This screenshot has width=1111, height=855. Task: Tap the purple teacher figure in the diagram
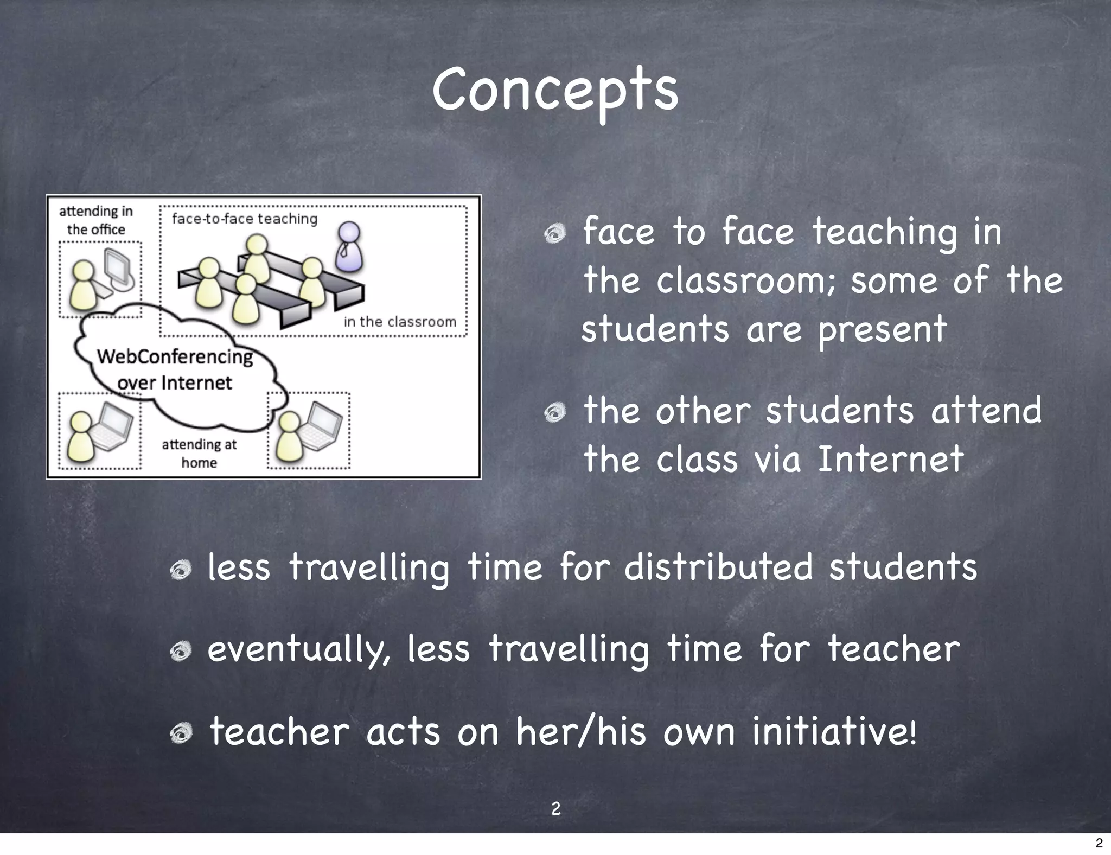coord(349,247)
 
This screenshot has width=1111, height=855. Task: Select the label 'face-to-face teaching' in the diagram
coord(244,219)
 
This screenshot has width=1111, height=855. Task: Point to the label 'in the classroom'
coord(400,322)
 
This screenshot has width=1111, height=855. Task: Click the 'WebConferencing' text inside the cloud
coord(175,357)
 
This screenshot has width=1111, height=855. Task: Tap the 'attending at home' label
coord(199,454)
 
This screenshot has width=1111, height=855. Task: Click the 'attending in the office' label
coord(96,220)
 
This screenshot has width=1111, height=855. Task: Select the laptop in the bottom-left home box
coord(112,427)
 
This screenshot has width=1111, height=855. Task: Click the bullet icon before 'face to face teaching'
coord(555,234)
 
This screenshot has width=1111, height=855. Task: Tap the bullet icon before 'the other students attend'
coord(555,413)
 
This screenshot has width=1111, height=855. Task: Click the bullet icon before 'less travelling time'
coord(180,570)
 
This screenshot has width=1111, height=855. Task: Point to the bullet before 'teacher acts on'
coord(180,734)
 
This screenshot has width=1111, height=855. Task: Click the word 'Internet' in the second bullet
coord(890,460)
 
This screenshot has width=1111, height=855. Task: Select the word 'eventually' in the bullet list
coord(298,649)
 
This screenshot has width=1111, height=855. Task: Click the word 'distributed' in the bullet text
coord(718,567)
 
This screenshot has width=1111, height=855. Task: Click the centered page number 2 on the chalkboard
coord(556,809)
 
